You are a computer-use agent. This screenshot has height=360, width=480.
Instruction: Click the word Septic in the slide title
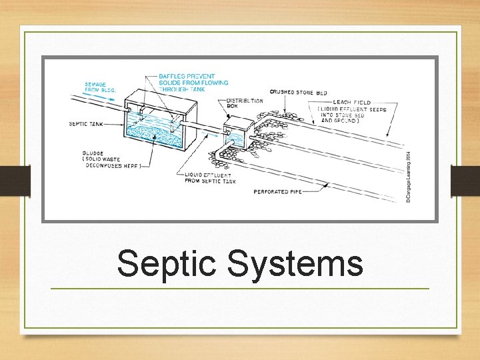168,263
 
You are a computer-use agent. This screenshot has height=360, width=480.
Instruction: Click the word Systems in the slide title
295,263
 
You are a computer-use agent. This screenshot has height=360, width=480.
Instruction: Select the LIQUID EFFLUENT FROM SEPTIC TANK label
211,177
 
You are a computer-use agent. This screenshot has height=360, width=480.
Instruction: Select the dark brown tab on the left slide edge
15,181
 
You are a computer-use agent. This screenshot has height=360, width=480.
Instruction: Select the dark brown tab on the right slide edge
465,181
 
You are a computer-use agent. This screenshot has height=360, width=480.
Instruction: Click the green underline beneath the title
240,288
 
